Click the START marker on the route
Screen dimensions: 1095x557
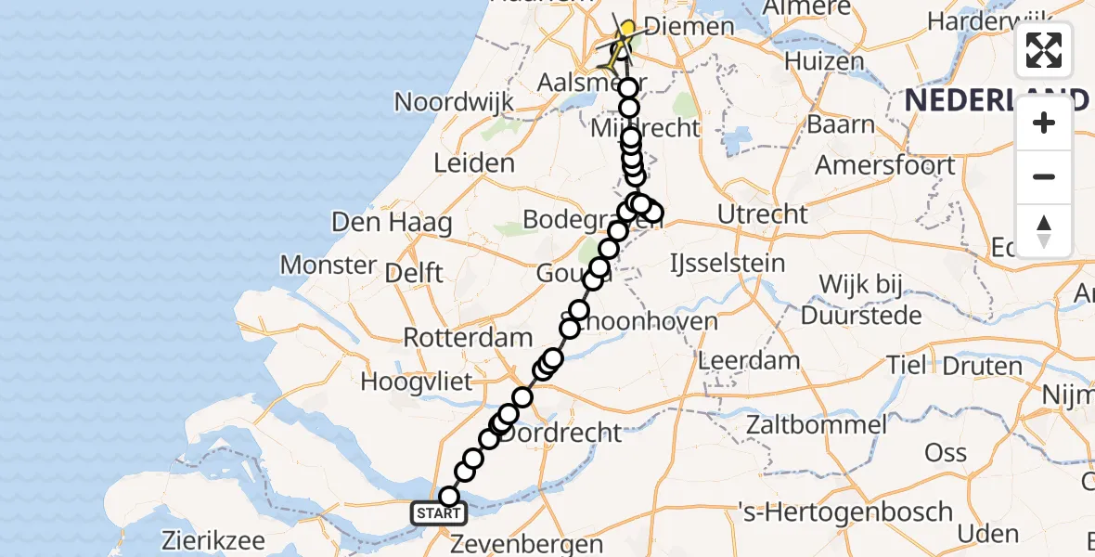[437, 513]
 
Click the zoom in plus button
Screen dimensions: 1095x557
[1044, 123]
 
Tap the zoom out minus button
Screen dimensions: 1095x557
[1044, 176]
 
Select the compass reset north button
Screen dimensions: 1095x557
[1044, 230]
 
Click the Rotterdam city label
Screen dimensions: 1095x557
[468, 338]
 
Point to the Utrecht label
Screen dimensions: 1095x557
[763, 214]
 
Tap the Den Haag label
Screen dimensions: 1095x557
[393, 223]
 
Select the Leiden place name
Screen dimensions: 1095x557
[473, 164]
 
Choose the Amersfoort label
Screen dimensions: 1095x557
[884, 165]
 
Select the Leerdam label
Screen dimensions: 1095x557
[748, 360]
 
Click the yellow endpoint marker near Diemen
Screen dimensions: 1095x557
[628, 30]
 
